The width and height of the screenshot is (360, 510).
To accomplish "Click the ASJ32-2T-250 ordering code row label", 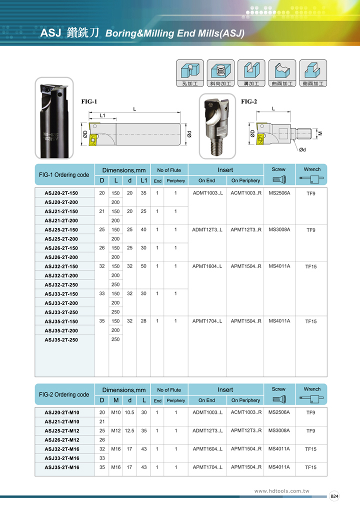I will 61,284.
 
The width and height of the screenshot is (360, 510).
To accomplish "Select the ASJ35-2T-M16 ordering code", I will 62,467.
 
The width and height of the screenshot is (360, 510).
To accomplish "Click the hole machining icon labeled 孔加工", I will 190,73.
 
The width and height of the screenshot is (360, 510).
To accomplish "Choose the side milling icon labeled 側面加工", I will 313,73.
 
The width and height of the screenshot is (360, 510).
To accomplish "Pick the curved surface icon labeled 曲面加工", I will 282,73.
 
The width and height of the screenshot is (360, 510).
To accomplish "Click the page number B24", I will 334,496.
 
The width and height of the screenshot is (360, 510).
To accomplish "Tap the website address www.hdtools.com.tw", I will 282,491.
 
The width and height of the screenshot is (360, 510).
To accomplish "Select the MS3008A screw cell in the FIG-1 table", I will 279,229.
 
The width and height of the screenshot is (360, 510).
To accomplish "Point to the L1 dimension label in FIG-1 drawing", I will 102,115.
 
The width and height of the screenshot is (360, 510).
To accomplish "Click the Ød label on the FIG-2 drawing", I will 302,149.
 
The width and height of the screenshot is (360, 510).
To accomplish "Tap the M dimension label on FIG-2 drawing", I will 320,133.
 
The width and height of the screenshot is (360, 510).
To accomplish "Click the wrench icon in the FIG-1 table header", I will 311,179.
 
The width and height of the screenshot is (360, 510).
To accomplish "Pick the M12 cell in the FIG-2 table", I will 116,430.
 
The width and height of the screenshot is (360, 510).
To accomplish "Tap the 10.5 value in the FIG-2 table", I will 129,412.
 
